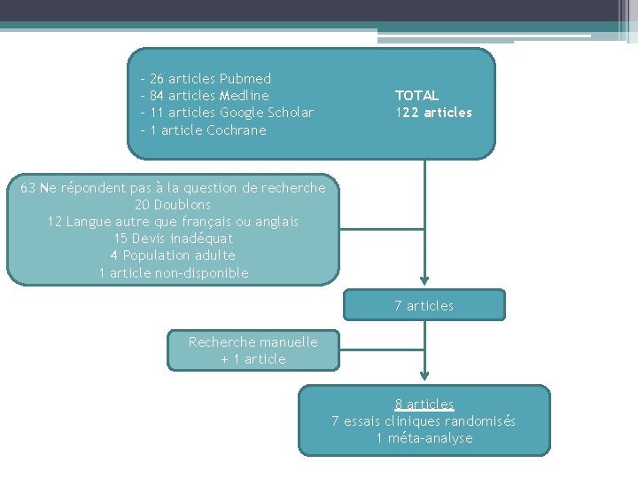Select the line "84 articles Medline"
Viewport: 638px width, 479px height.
pos(209,96)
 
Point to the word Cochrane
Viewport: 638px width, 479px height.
pos(236,130)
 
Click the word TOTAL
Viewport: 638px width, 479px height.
pos(416,96)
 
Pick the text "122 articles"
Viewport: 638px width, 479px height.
pos(433,113)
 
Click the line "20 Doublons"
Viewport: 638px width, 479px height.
pos(173,205)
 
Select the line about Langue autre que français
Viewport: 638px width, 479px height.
pos(173,222)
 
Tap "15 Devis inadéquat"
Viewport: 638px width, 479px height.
pos(173,239)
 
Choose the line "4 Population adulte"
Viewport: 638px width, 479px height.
pos(173,255)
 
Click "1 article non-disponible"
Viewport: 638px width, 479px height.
pos(173,273)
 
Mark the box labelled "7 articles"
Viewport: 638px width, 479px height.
pos(424,306)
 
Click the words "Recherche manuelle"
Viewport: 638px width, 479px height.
pos(253,342)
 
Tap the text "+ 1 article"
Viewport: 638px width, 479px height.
pos(253,359)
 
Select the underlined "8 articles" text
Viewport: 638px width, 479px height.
pos(424,404)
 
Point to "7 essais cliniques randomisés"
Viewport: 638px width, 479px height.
pos(424,421)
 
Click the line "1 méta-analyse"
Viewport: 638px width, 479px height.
pos(424,438)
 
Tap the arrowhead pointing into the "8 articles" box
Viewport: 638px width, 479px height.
pos(425,379)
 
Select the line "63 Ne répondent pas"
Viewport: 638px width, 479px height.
pos(173,188)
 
